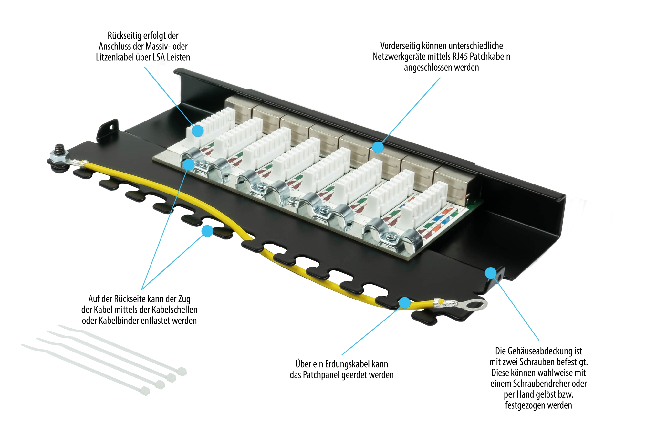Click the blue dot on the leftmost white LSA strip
[197, 131]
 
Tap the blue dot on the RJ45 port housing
[378, 147]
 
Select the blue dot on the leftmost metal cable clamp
[188, 164]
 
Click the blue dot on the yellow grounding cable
[404, 303]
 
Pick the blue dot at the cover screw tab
[491, 273]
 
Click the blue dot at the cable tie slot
[207, 231]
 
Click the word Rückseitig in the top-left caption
[124, 36]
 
